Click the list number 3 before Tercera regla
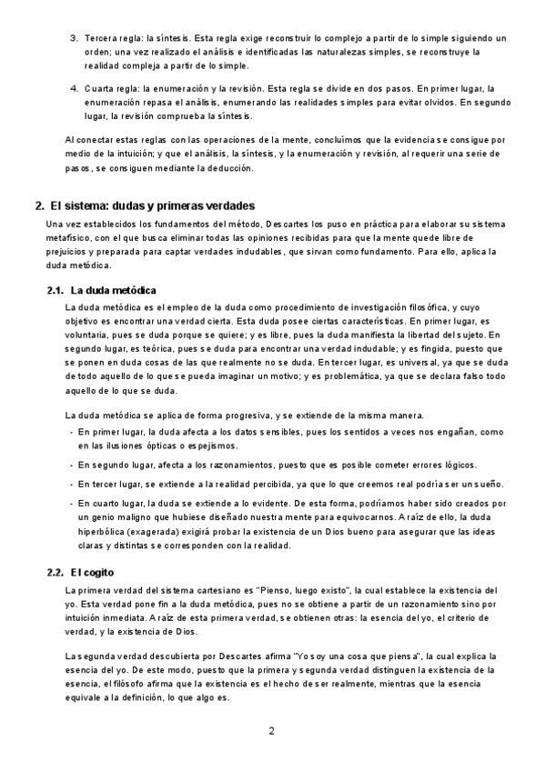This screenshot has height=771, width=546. (73, 38)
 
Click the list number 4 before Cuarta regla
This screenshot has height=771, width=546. (73, 89)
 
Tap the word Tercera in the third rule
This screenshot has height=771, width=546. (101, 38)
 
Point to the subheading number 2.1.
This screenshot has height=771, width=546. (55, 290)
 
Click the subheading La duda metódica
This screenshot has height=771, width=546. (114, 290)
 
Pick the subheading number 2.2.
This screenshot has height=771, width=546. (55, 572)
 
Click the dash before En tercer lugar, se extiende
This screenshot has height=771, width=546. (72, 484)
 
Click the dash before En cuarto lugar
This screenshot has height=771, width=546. (72, 503)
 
